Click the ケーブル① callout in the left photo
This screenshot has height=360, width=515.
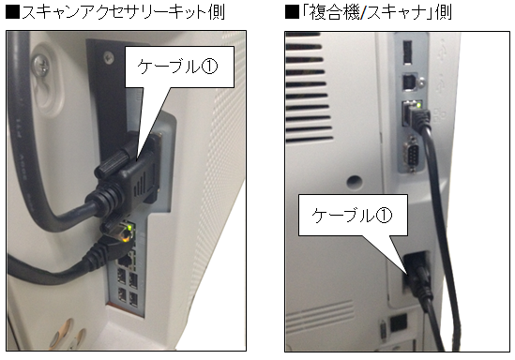pyautogui.click(x=179, y=67)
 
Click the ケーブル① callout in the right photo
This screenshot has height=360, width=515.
pyautogui.click(x=353, y=216)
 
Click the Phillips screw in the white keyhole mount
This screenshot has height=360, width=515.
pyautogui.click(x=40, y=65)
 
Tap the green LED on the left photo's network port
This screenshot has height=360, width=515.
pyautogui.click(x=130, y=227)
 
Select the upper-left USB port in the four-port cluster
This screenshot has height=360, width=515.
pyautogui.click(x=121, y=277)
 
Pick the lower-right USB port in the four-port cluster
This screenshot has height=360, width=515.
pyautogui.click(x=133, y=298)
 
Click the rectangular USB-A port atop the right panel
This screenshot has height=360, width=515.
pyautogui.click(x=407, y=52)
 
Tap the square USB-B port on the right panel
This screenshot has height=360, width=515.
pyautogui.click(x=409, y=82)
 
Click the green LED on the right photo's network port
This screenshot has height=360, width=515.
pyautogui.click(x=418, y=105)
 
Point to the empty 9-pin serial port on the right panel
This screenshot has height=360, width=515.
pyautogui.click(x=411, y=153)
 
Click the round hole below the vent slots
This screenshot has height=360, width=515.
pyautogui.click(x=355, y=182)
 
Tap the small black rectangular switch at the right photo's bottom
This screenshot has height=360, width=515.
pyautogui.click(x=399, y=322)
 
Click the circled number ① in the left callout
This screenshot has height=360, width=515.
pyautogui.click(x=209, y=67)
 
